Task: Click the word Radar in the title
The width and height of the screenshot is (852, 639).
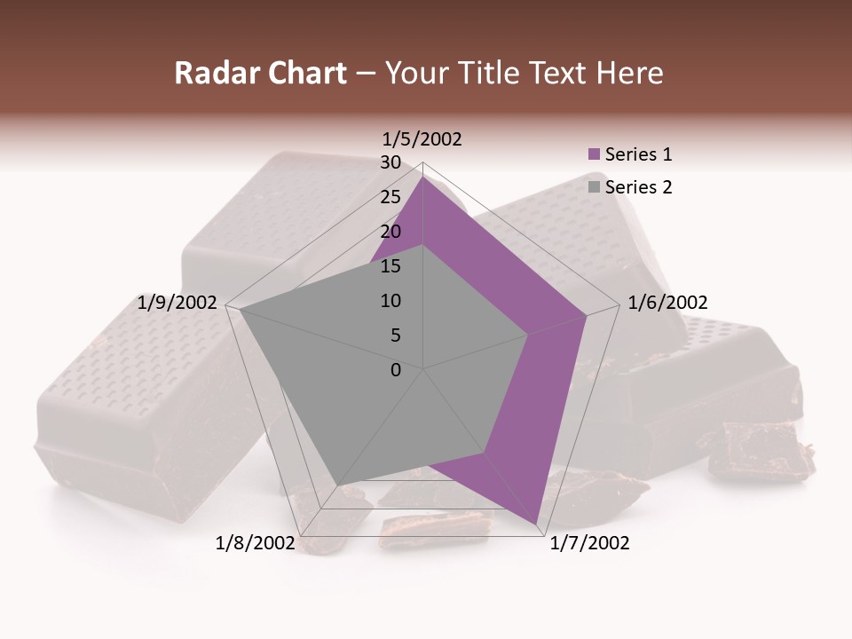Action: click(x=210, y=73)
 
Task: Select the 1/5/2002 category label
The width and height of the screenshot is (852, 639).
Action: click(x=422, y=138)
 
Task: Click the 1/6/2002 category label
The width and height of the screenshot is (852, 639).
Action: click(x=667, y=303)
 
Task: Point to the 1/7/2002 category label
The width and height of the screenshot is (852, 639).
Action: click(x=589, y=543)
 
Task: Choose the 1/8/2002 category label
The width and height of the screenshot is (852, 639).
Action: click(x=255, y=543)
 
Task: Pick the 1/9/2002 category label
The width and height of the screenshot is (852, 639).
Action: click(x=177, y=303)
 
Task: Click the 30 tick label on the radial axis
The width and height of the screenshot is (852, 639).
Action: click(x=390, y=162)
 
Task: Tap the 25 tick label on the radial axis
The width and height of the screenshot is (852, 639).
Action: click(x=390, y=197)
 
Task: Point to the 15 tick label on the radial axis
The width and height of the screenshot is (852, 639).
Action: click(x=390, y=266)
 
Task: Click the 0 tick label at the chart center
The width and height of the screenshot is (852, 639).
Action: click(x=396, y=370)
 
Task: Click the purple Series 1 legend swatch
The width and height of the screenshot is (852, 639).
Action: click(x=595, y=154)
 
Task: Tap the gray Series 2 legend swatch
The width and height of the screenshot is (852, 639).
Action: click(x=595, y=187)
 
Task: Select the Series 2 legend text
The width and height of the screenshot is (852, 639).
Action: click(x=638, y=187)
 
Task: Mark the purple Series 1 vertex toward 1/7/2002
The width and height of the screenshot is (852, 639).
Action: click(x=537, y=525)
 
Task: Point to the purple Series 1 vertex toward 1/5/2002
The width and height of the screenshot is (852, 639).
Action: click(x=423, y=176)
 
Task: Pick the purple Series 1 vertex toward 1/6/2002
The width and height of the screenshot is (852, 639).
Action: click(x=587, y=315)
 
